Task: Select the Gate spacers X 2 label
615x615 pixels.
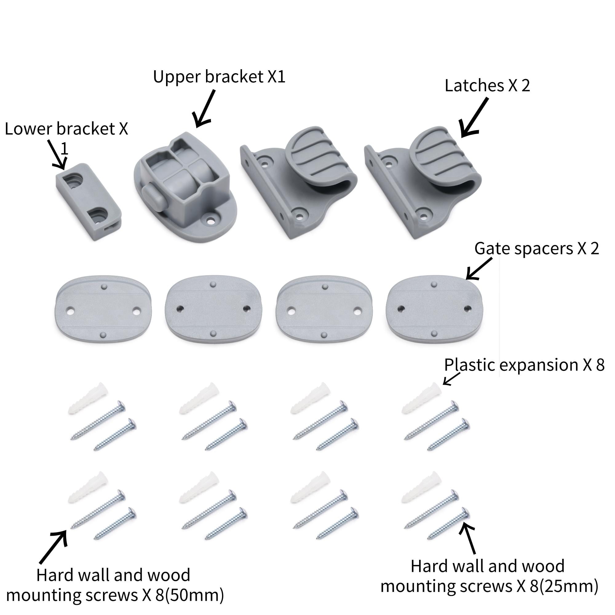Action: coord(536,248)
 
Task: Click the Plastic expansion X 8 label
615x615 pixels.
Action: coord(524,365)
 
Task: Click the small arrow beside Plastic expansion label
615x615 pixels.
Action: coord(451,379)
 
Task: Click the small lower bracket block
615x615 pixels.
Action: coord(89,202)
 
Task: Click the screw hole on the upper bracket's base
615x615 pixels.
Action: coord(210,220)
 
